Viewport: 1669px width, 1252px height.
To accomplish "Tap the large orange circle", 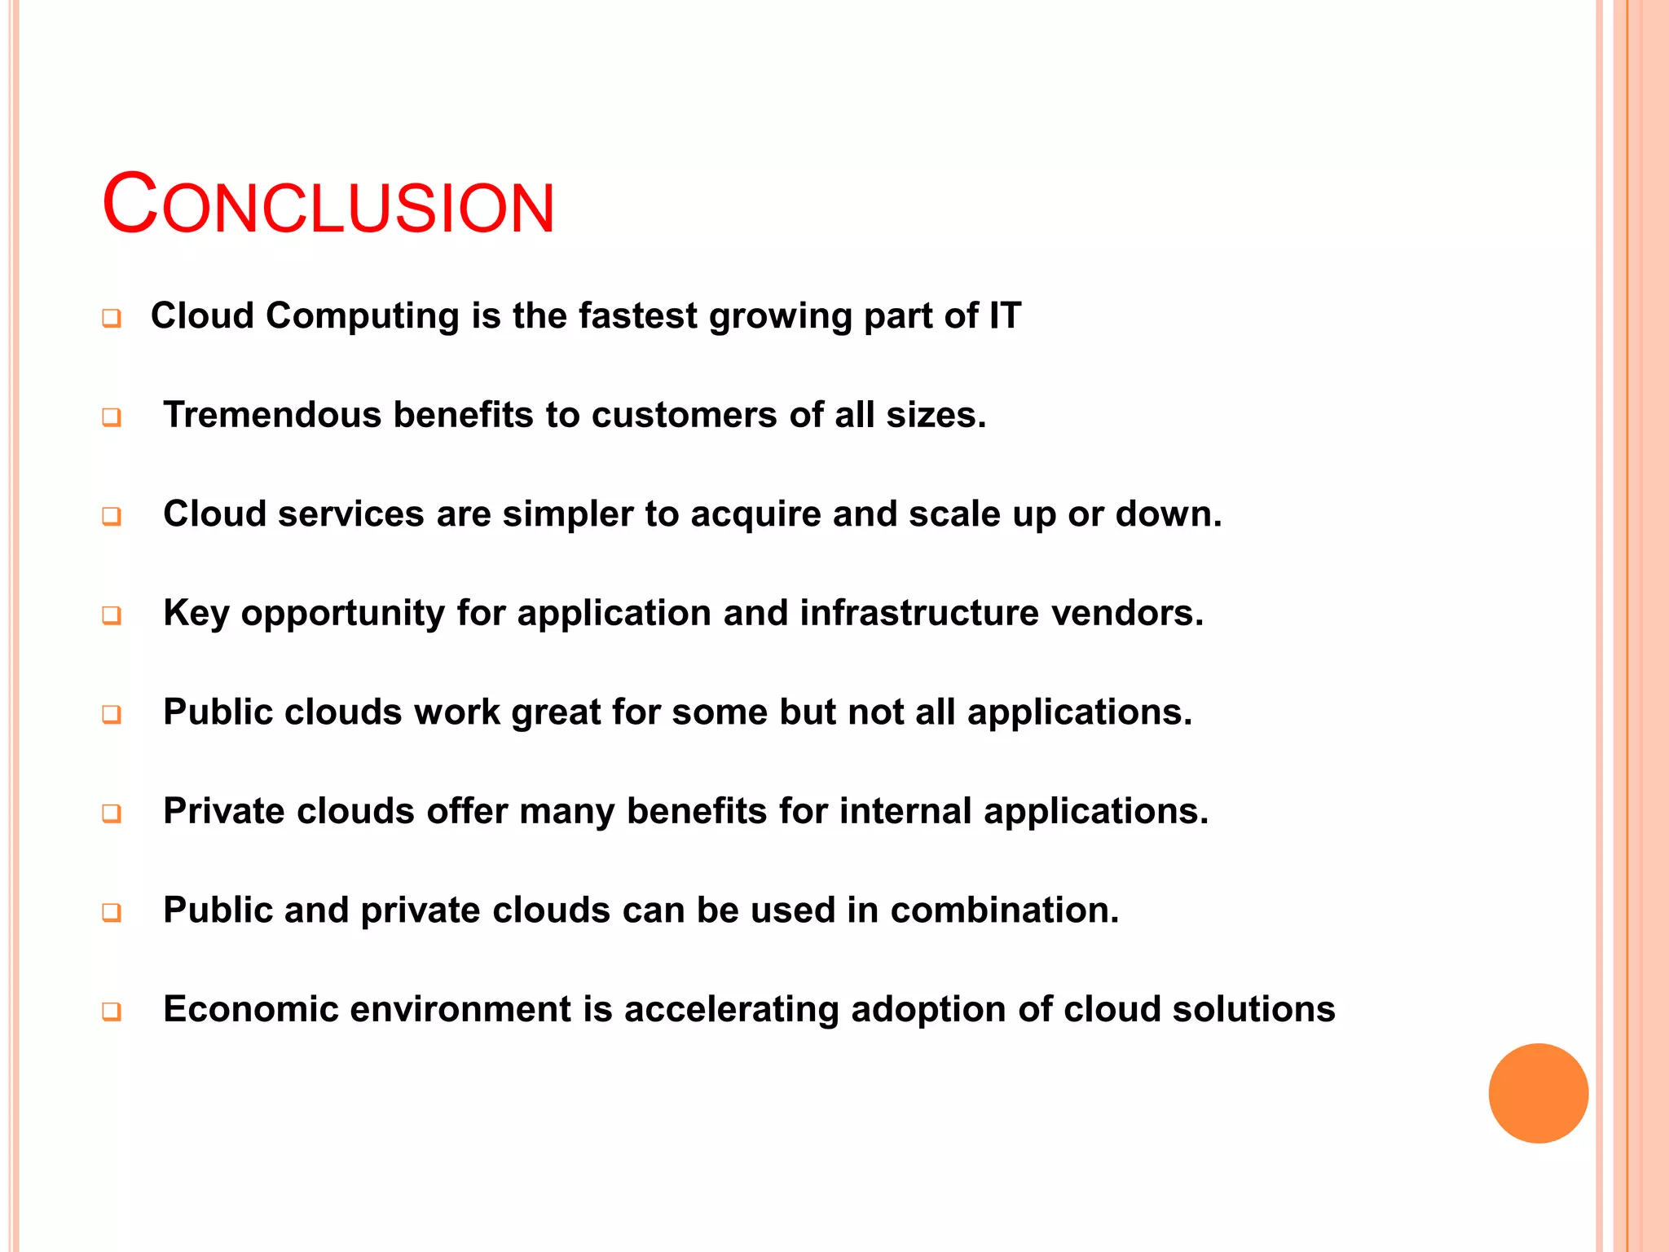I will pos(1538,1093).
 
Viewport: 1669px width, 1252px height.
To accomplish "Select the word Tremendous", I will pos(272,415).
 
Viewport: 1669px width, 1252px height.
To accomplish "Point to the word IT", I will pos(1005,315).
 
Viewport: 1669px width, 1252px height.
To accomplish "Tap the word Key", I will pos(196,614).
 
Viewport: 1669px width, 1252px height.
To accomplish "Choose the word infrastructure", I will pos(919,613).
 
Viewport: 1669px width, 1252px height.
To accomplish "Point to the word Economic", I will pos(250,1009).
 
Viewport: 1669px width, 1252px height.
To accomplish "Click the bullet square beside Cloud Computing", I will pos(112,318).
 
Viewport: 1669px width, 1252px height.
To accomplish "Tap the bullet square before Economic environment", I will pos(112,1012).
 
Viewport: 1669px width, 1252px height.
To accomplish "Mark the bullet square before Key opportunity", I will pos(112,615).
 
